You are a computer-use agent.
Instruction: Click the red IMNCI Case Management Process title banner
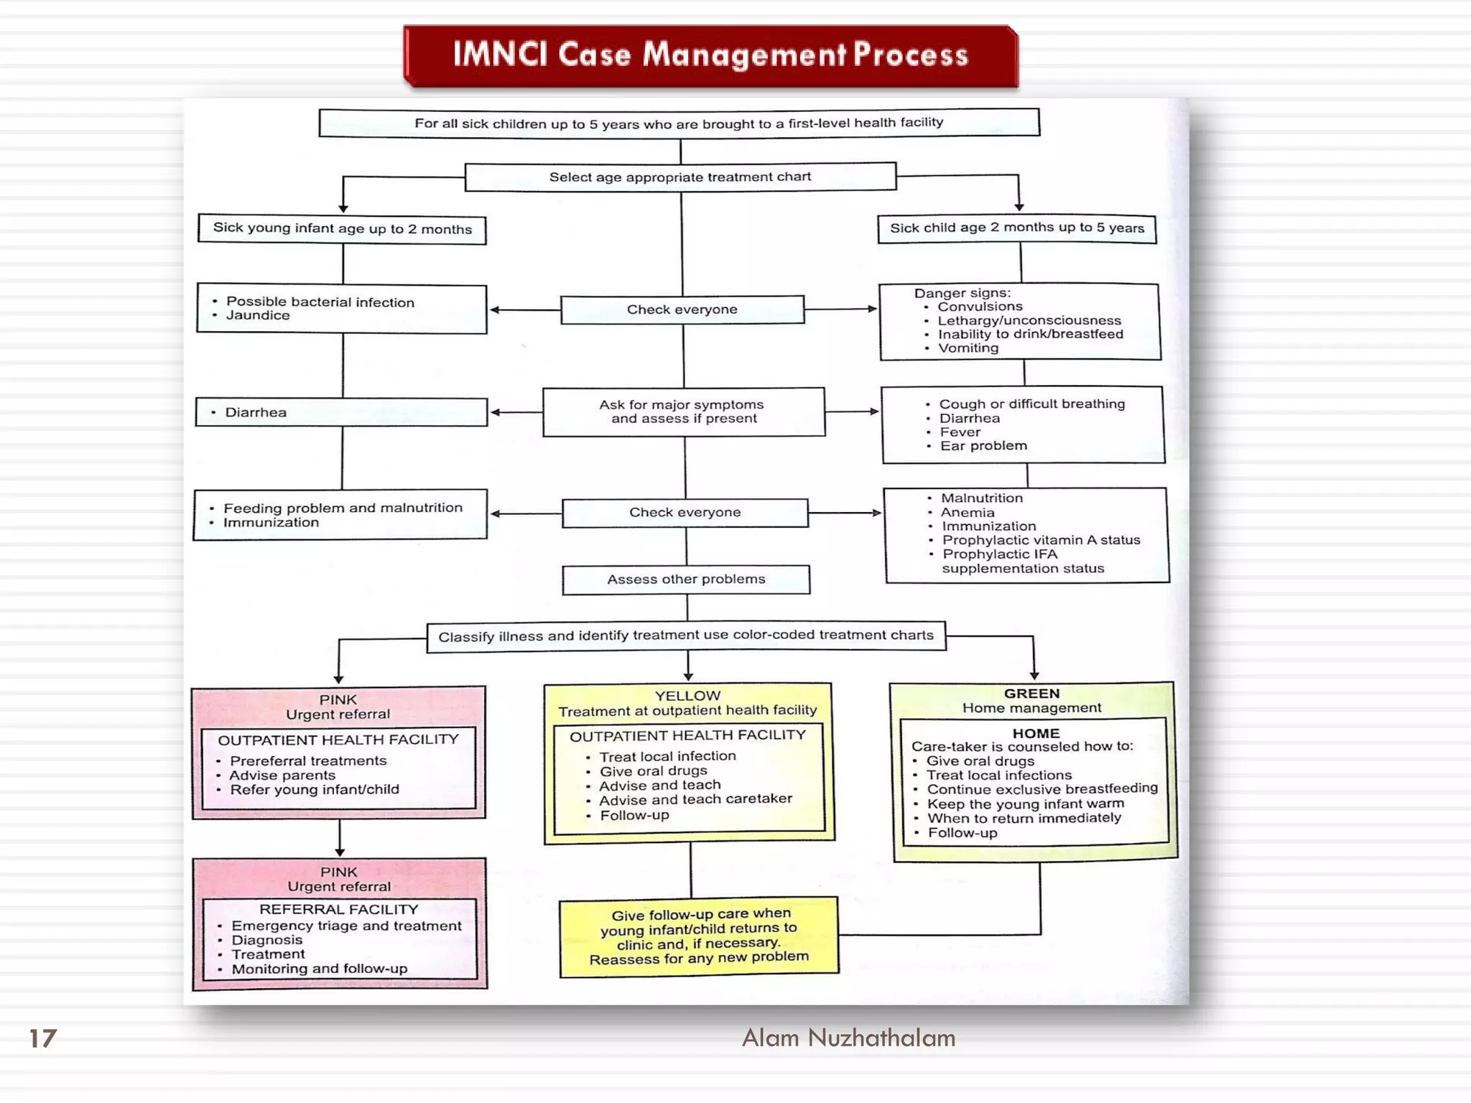(710, 55)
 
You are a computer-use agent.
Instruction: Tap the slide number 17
(42, 1038)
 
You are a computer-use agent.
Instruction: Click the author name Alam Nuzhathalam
(848, 1038)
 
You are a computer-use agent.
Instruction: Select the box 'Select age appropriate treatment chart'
(680, 177)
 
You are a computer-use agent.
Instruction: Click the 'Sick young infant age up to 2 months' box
(342, 229)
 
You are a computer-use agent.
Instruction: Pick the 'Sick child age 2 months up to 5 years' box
(1016, 228)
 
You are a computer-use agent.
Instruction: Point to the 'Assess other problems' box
(686, 580)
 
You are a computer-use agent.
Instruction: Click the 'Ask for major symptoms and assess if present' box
(684, 412)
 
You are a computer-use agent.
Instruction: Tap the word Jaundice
(258, 315)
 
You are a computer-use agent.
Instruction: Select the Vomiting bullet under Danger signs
(967, 348)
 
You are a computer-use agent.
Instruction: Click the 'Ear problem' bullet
(983, 446)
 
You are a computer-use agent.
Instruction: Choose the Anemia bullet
(967, 513)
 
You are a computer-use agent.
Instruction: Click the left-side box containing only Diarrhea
(341, 412)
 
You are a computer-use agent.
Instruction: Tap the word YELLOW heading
(687, 696)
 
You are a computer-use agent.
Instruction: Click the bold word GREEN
(1031, 694)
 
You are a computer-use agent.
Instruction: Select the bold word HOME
(1036, 733)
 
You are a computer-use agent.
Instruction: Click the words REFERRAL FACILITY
(338, 909)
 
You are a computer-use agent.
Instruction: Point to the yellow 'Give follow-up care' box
(699, 936)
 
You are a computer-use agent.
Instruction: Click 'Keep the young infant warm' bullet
(1025, 804)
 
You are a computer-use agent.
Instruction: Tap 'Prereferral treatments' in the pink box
(308, 760)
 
